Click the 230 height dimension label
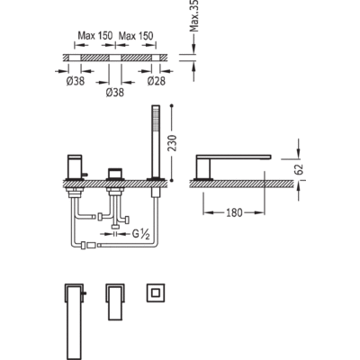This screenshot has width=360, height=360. [174, 143]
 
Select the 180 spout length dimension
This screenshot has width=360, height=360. [234, 212]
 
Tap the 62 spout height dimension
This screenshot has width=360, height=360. [300, 169]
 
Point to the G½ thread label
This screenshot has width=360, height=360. [141, 234]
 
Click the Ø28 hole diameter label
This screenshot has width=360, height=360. [157, 81]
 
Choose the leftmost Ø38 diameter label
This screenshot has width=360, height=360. [76, 81]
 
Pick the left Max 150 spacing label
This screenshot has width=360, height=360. [95, 36]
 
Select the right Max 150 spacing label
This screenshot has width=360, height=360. [136, 36]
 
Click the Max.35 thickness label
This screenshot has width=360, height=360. [194, 15]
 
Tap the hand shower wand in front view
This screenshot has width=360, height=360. [156, 141]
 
